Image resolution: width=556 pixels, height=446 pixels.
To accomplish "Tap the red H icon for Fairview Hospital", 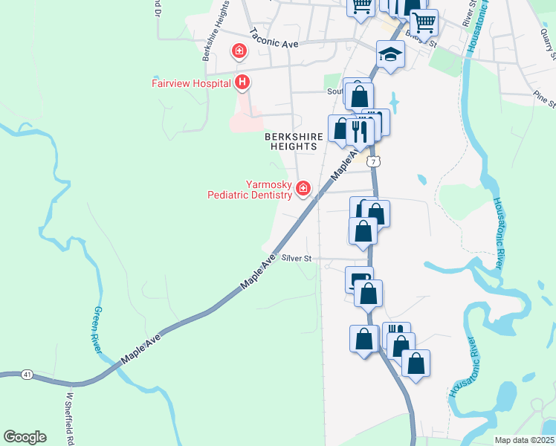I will [242, 83].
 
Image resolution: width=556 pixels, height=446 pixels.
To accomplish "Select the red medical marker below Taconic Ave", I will [239, 52].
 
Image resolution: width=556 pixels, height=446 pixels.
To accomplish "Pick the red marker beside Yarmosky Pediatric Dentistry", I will [303, 189].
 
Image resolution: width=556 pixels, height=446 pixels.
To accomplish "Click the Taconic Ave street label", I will [274, 39].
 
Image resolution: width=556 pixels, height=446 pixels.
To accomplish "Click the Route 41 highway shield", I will [28, 373].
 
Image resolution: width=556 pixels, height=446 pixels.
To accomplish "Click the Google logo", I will [25, 437].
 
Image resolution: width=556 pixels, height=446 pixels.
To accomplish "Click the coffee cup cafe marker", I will [360, 279].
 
